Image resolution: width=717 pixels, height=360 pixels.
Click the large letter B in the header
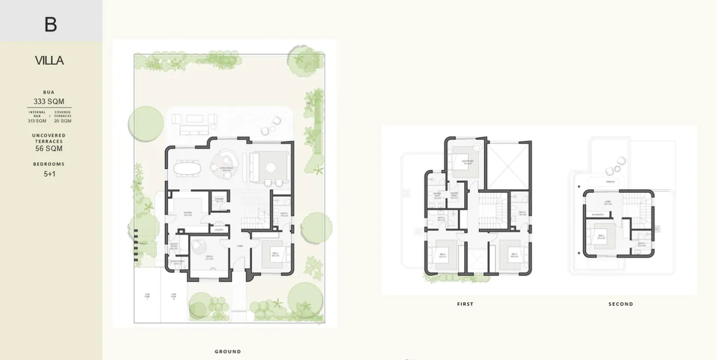pos(50,24)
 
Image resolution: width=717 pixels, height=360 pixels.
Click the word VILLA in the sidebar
pos(49,61)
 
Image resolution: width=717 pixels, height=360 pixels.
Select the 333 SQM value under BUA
pos(49,102)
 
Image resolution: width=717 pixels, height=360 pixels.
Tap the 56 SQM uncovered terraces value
pos(49,149)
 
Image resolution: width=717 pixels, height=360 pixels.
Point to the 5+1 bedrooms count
pos(50,174)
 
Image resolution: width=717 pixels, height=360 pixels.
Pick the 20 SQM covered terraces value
pos(62,121)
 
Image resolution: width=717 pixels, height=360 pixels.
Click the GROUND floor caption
pos(227,352)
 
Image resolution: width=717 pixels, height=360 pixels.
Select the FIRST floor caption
pos(465,304)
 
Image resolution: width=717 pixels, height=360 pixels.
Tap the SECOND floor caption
pos(621,304)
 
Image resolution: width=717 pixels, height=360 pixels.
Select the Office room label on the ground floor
pos(209,257)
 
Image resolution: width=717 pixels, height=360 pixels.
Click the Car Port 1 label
pos(148,297)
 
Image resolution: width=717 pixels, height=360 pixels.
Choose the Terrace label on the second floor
pos(610,182)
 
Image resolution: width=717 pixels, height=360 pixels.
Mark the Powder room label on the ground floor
pos(219,199)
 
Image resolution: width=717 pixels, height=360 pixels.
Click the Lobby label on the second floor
pos(600,202)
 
